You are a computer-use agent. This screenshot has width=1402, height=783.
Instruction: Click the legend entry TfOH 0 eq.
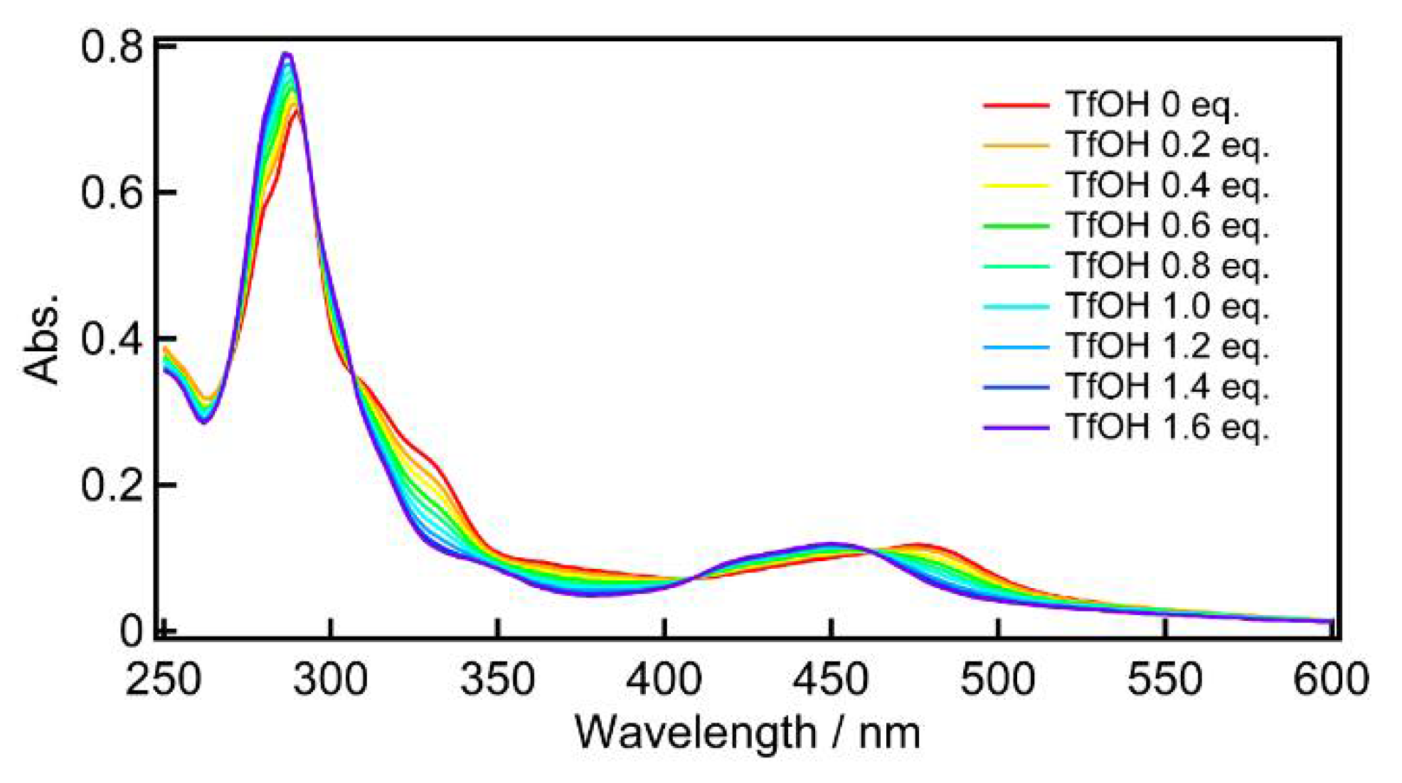1152,105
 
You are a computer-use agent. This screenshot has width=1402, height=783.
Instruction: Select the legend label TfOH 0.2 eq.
1167,146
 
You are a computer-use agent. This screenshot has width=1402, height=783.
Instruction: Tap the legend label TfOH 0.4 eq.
1167,186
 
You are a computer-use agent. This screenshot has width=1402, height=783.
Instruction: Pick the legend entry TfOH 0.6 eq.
1167,226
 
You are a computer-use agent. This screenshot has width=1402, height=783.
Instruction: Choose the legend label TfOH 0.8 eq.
1167,267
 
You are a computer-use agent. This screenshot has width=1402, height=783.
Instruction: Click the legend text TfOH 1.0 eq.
1167,307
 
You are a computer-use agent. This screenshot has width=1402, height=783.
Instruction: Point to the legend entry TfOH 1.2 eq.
1167,347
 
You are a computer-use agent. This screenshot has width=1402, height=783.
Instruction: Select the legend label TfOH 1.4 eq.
1167,387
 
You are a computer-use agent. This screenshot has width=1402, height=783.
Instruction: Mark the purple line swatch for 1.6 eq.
1016,428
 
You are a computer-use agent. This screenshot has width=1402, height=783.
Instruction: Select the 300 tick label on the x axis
331,679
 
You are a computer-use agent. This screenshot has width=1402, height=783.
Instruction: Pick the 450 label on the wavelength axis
831,679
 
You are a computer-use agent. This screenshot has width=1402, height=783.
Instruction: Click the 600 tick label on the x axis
1330,679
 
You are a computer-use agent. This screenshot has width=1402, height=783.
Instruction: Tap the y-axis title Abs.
41,338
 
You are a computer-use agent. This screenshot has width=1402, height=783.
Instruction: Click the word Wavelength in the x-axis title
695,733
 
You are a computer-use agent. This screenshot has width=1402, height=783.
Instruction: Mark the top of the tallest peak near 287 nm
286,53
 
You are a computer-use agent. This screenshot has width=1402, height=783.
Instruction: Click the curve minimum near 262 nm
203,421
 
